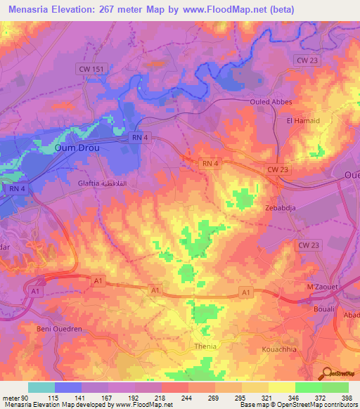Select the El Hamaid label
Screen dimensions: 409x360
coord(303,121)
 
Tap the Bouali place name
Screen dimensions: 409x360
coord(322,309)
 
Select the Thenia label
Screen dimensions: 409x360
coord(205,346)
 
